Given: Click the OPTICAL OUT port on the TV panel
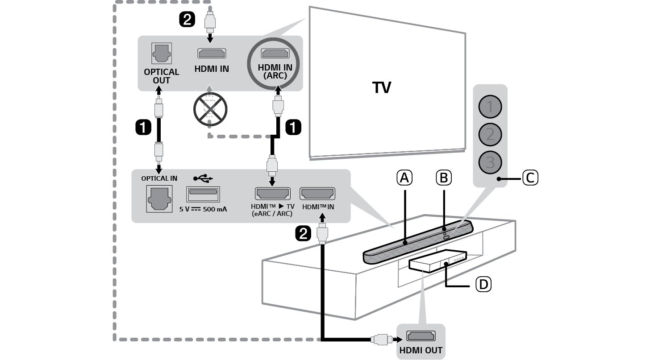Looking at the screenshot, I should point(161,55).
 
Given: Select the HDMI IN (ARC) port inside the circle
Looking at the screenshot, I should point(275,54).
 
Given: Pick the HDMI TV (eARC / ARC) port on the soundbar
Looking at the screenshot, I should point(272,194).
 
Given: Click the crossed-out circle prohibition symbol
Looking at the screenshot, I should point(210,109).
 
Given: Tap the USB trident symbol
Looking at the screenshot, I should point(203,178).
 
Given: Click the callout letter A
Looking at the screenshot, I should point(404,178).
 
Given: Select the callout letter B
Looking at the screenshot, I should point(443,178).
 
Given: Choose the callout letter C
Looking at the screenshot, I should point(529,178).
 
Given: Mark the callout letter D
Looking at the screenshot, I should point(483,284).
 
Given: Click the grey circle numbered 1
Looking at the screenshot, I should point(490,107).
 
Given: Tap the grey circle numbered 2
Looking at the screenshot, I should point(490,134).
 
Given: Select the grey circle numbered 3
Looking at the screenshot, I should point(490,162).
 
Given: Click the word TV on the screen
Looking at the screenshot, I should point(382,88).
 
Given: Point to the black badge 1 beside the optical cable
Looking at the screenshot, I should point(143,128).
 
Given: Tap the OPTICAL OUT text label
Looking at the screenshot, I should point(161,76).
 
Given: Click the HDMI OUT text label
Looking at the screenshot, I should point(421,351).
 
